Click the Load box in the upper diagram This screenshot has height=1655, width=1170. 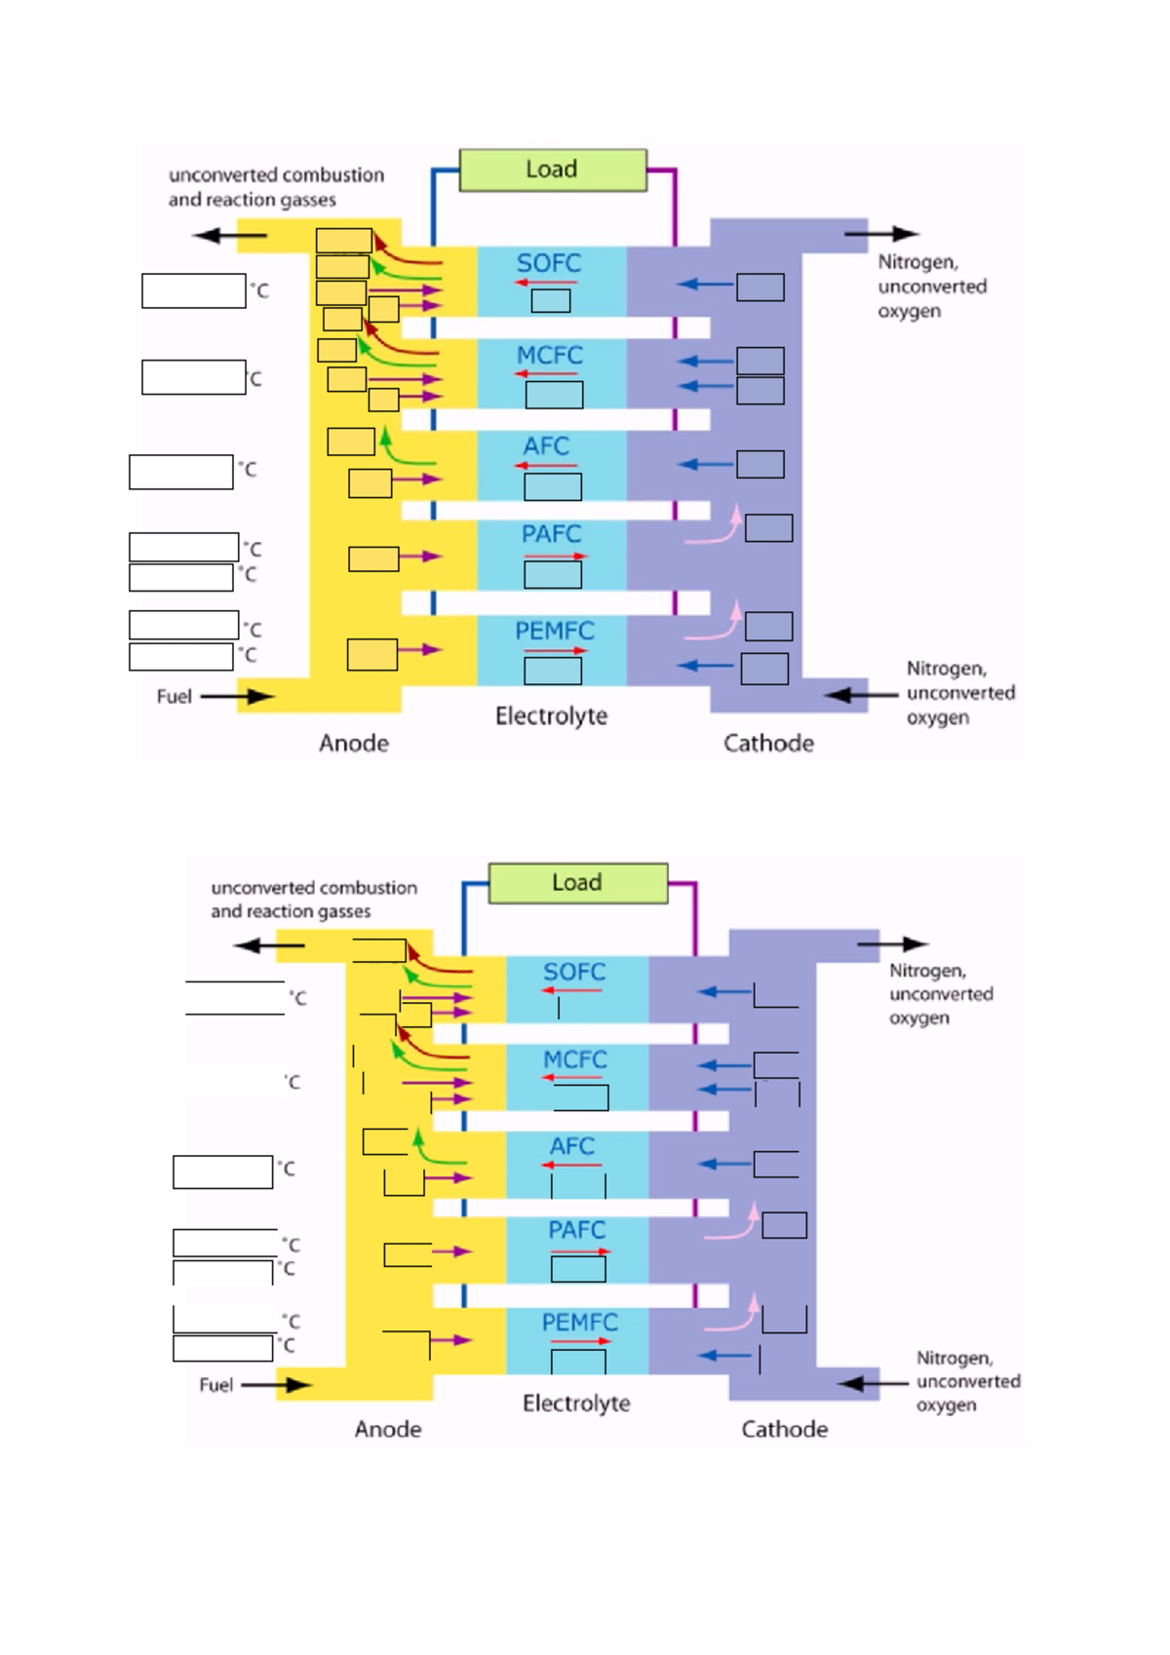pyautogui.click(x=552, y=170)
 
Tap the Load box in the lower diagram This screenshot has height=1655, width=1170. pyautogui.click(x=577, y=883)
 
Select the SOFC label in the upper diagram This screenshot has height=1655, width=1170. pyautogui.click(x=549, y=263)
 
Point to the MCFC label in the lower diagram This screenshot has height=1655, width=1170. pyautogui.click(x=574, y=1059)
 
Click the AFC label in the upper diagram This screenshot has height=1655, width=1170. pyautogui.click(x=546, y=446)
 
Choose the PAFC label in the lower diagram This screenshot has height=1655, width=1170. pyautogui.click(x=576, y=1230)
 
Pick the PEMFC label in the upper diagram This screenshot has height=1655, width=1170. pyautogui.click(x=554, y=632)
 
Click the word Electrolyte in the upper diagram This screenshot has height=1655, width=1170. pyautogui.click(x=551, y=716)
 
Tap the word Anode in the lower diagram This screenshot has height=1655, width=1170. pyautogui.click(x=388, y=1429)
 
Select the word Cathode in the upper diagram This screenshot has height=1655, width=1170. pyautogui.click(x=768, y=744)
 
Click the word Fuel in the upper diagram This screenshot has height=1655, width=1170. pyautogui.click(x=174, y=697)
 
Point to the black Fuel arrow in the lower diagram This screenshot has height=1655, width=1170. pyautogui.click(x=276, y=1385)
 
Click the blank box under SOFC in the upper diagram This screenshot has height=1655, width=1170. pyautogui.click(x=551, y=301)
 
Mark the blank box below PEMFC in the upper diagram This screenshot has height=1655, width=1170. pyautogui.click(x=553, y=671)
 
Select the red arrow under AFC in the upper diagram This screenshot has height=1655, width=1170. pyautogui.click(x=546, y=466)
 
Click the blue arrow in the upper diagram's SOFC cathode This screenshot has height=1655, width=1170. pyautogui.click(x=705, y=285)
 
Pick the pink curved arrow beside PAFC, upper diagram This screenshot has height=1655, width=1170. pyautogui.click(x=715, y=529)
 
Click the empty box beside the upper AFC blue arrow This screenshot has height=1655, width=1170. pyautogui.click(x=760, y=464)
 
